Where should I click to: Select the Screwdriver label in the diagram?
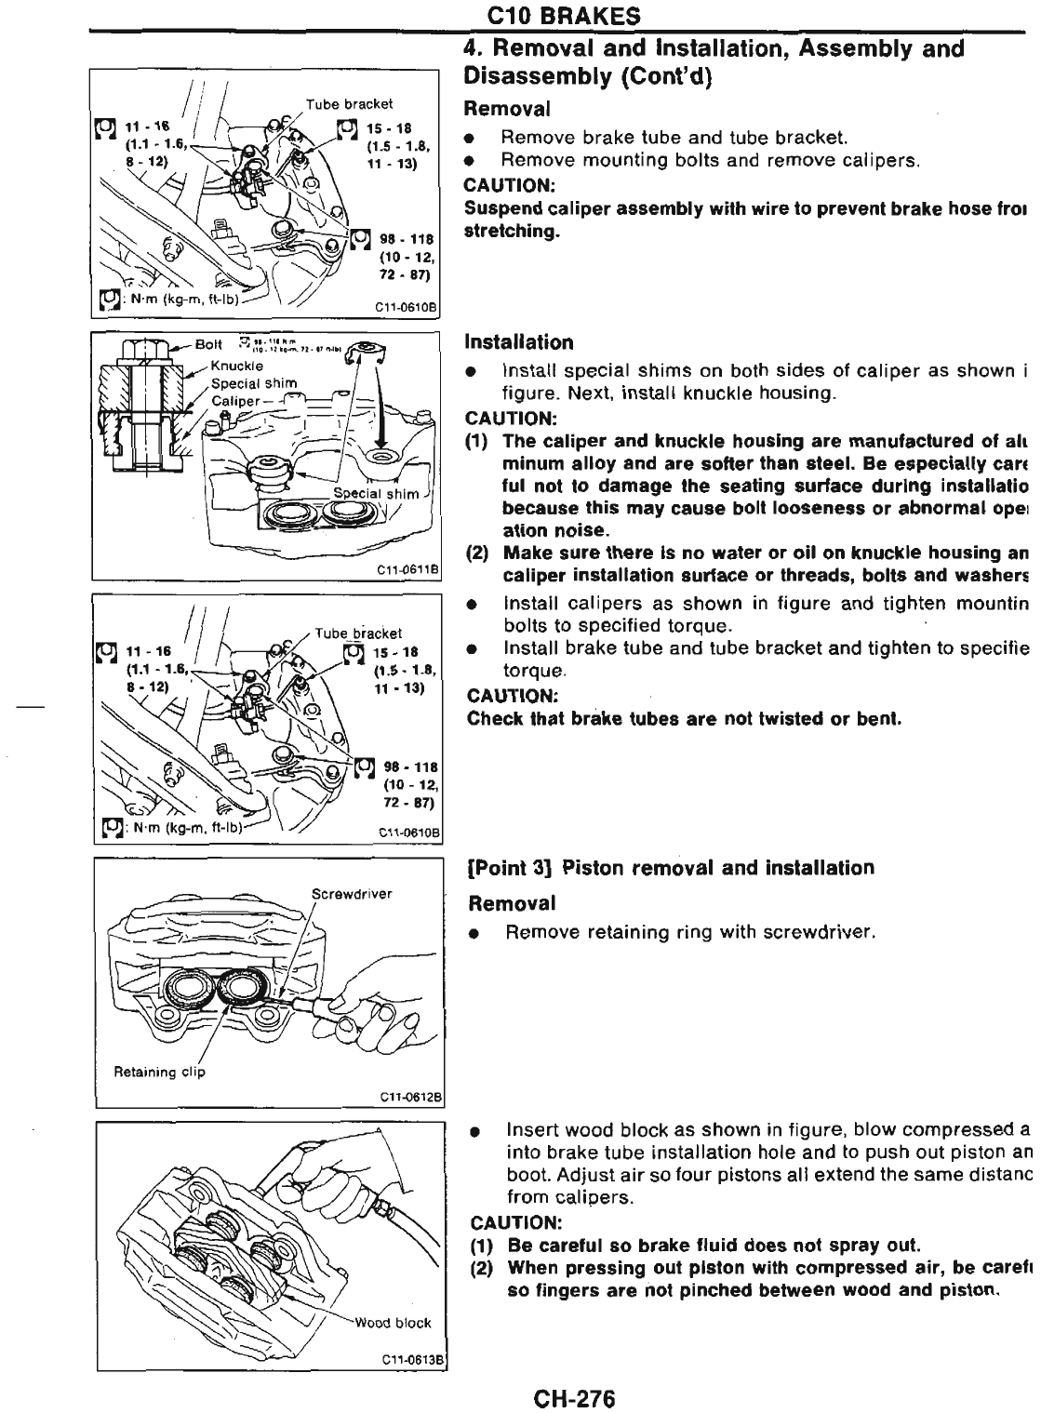point(352,894)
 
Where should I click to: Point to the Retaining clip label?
point(159,1072)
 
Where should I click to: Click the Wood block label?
point(401,1323)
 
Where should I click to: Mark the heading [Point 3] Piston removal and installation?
point(670,868)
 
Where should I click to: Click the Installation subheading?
point(519,342)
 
